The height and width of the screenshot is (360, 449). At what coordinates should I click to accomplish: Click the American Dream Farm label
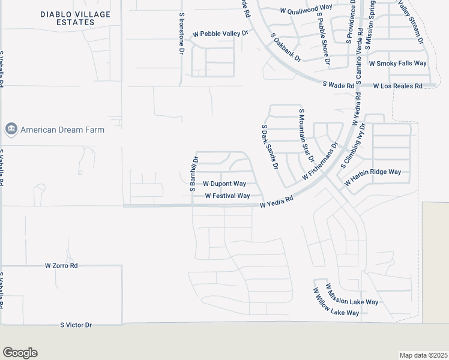pyautogui.click(x=62, y=130)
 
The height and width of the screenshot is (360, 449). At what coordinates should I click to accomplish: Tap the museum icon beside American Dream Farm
pyautogui.click(x=11, y=130)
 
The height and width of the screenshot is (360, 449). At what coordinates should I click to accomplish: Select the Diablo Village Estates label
pyautogui.click(x=68, y=18)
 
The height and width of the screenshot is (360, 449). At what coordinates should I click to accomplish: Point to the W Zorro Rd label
pyautogui.click(x=62, y=265)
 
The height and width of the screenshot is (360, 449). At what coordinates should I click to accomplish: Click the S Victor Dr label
pyautogui.click(x=76, y=325)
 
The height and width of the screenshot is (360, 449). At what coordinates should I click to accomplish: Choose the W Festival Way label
pyautogui.click(x=227, y=196)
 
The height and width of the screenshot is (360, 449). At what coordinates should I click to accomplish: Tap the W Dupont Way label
pyautogui.click(x=224, y=184)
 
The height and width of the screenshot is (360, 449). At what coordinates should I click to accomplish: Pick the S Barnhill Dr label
pyautogui.click(x=194, y=174)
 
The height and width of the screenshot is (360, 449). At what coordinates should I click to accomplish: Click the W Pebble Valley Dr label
pyautogui.click(x=220, y=34)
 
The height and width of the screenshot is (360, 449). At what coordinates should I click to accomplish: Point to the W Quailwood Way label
pyautogui.click(x=306, y=9)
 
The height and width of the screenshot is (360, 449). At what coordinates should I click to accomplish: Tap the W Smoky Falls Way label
pyautogui.click(x=397, y=63)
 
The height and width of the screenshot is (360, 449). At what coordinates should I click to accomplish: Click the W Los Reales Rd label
pyautogui.click(x=397, y=86)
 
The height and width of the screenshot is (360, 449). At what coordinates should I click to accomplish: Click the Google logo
pyautogui.click(x=20, y=353)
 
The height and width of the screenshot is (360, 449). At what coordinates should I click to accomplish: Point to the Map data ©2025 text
pyautogui.click(x=423, y=355)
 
